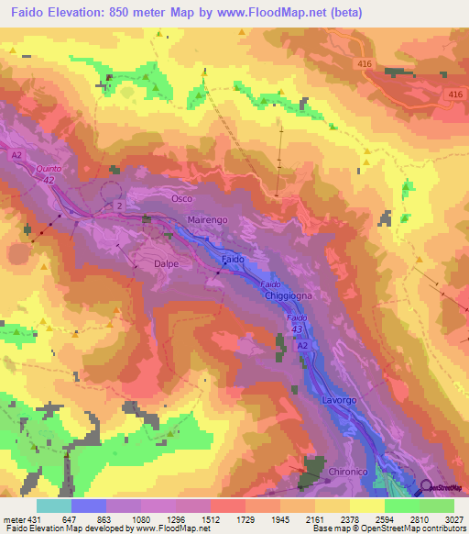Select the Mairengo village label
click(207, 222)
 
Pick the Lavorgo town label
click(340, 402)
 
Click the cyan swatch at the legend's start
click(53, 506)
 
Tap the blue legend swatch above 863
click(89, 506)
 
